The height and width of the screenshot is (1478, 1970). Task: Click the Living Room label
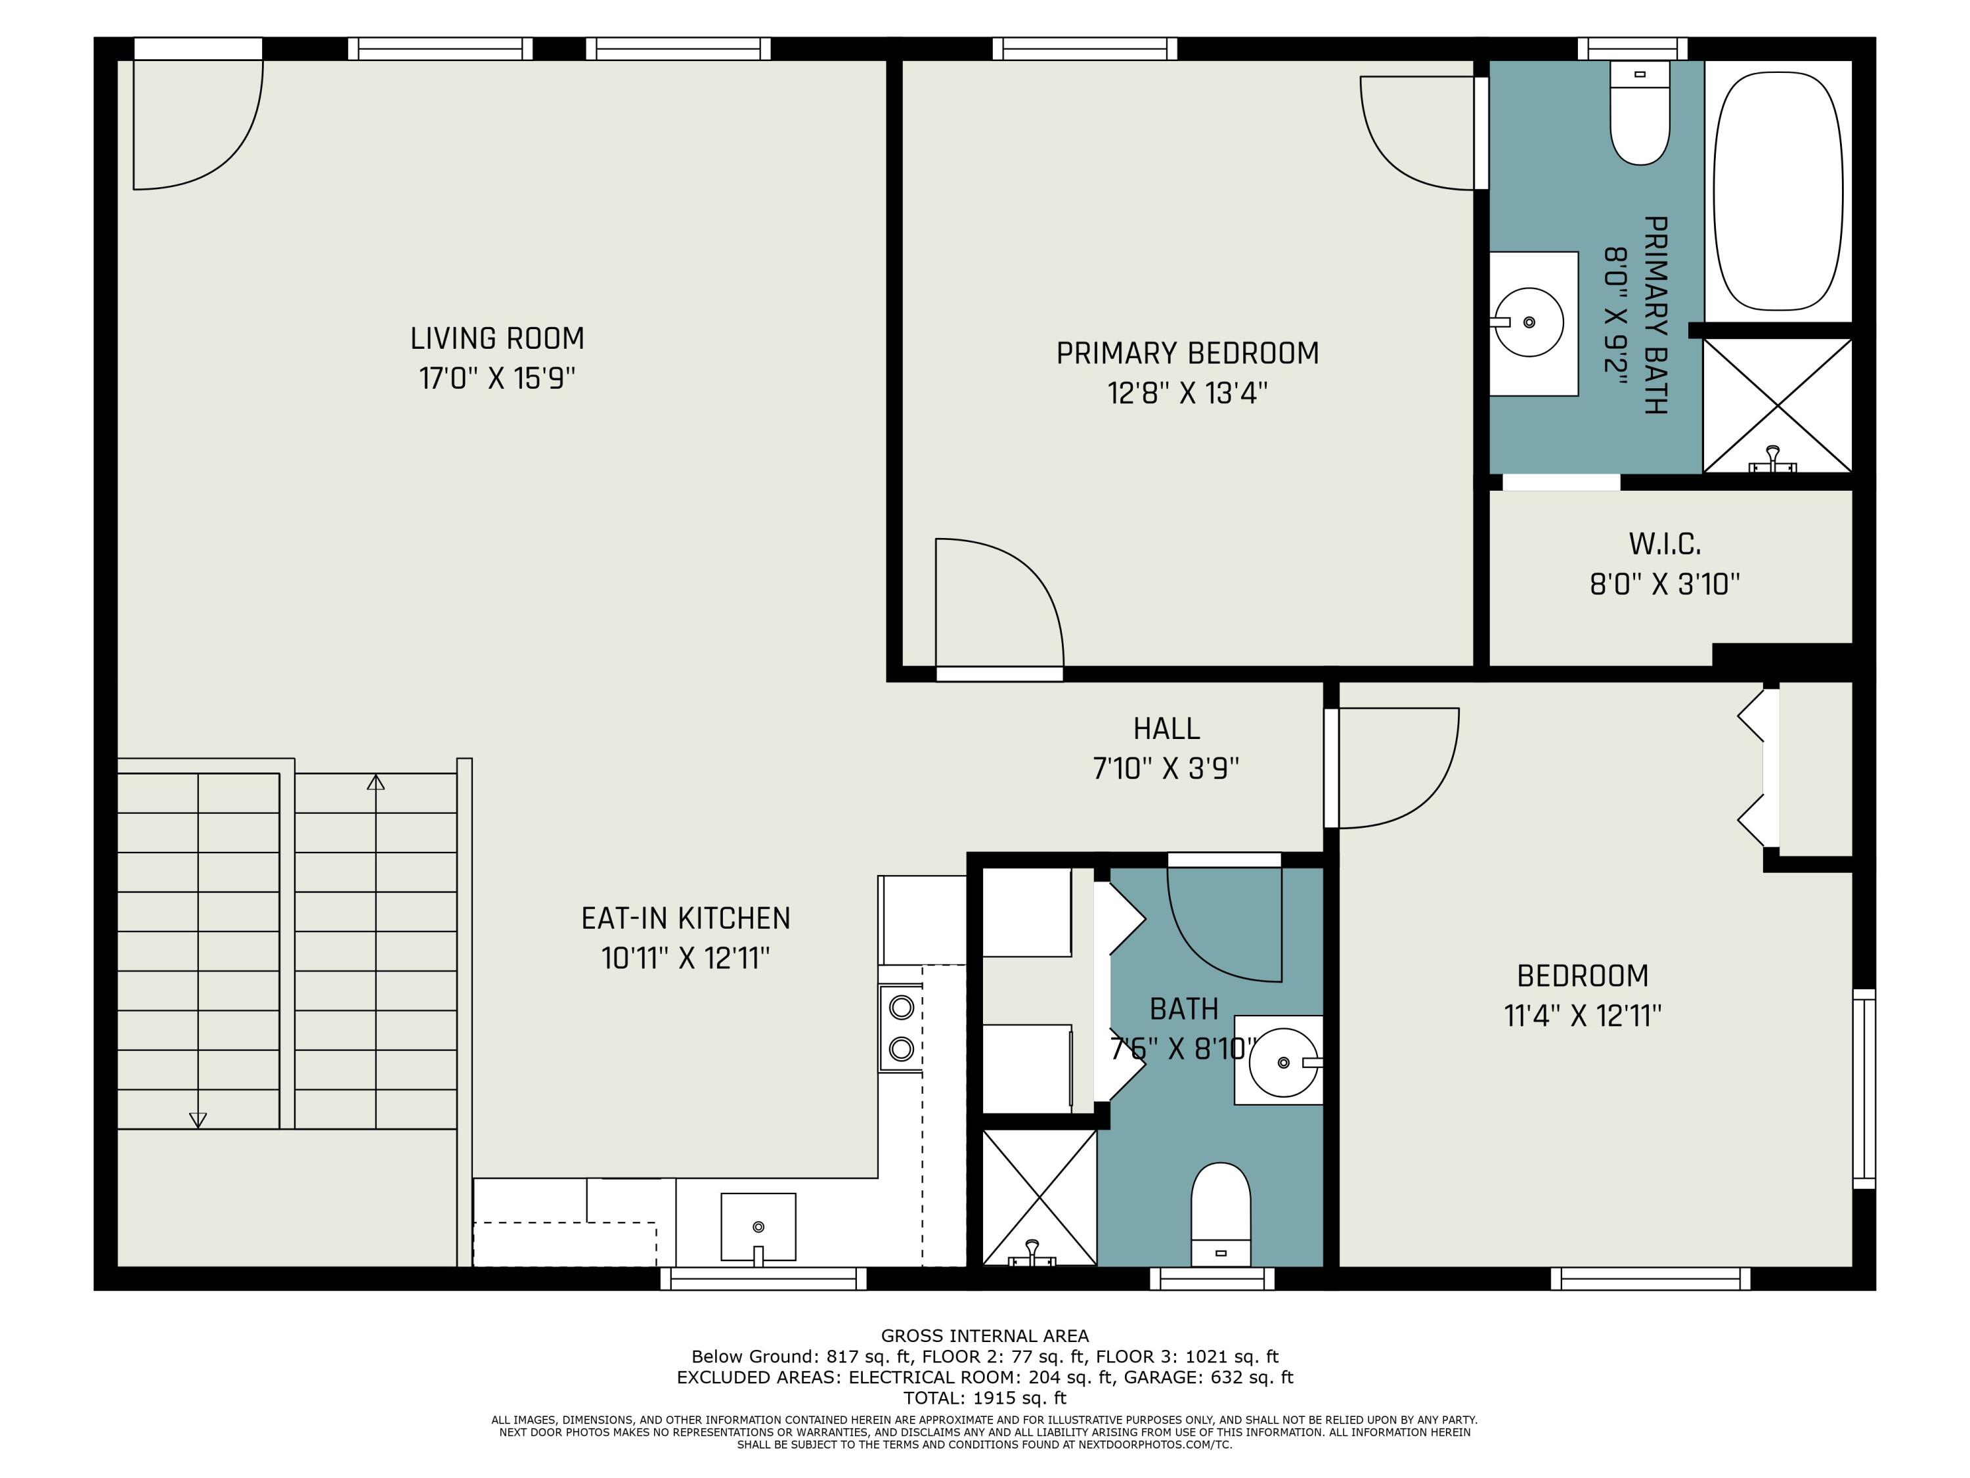tap(497, 338)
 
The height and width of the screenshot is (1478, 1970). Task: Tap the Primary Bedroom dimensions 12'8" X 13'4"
tap(1187, 393)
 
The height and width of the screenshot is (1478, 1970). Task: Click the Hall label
tap(1167, 728)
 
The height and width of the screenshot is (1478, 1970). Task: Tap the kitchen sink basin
tap(758, 1227)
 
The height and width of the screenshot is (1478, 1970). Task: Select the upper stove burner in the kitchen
tap(902, 1008)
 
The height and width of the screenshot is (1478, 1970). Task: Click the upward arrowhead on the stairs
tap(376, 782)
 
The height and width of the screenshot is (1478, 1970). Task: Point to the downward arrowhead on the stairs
tap(198, 1120)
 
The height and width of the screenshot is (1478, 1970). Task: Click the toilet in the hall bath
tap(1221, 1213)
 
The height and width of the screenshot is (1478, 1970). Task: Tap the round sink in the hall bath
tap(1283, 1062)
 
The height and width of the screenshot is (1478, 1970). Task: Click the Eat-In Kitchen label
tap(686, 918)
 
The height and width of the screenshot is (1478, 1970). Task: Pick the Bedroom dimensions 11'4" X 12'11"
tap(1583, 1016)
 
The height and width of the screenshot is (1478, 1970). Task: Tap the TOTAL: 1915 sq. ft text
tap(985, 1398)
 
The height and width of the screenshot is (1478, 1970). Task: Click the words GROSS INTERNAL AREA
tap(985, 1335)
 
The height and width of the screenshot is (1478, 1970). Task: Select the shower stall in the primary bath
tap(1778, 405)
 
